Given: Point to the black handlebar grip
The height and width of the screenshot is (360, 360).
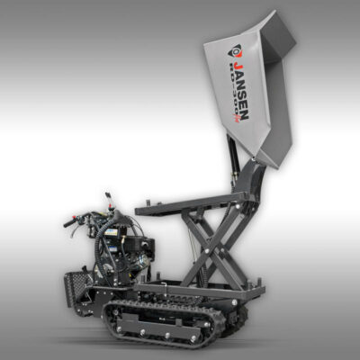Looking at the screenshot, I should (71, 221).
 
